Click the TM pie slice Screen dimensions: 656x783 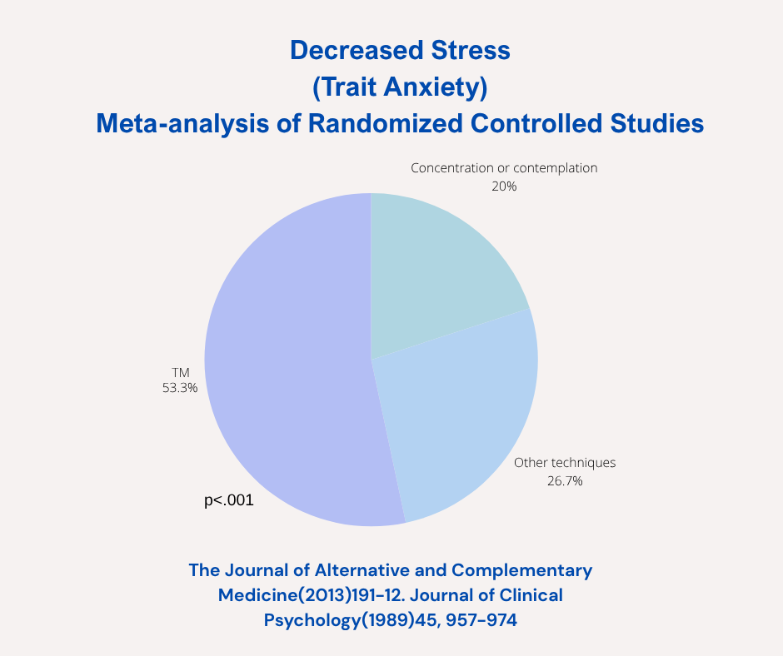pos(283,366)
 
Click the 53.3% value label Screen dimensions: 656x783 pos(180,387)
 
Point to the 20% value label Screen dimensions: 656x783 pos(504,186)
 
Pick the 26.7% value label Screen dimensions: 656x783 pos(565,481)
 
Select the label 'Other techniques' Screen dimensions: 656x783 pos(565,463)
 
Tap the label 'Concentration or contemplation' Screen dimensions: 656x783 pos(504,168)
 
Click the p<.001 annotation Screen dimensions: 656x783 pos(228,501)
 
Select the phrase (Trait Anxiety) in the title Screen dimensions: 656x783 pos(399,87)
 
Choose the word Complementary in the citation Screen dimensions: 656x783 pos(522,570)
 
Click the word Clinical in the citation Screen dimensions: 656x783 pos(526,595)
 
